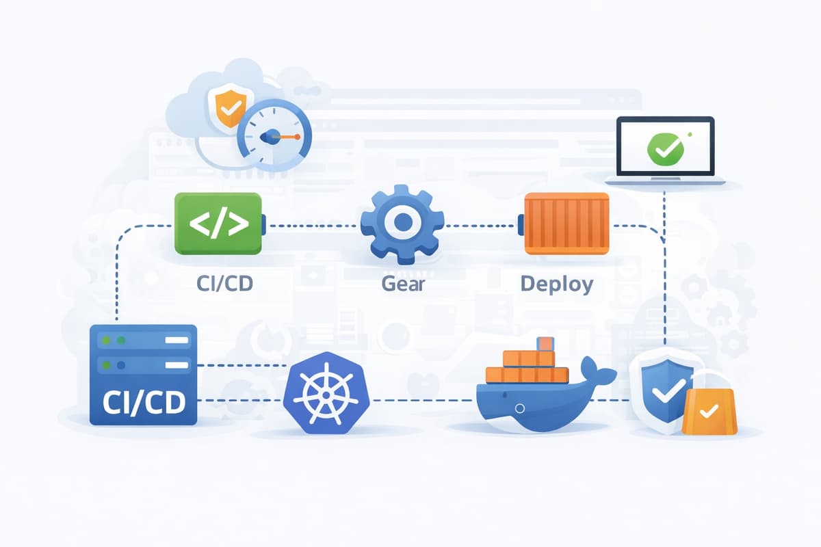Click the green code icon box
point(218,224)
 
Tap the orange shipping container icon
point(566,224)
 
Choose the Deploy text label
point(556,283)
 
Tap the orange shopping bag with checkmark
point(709,412)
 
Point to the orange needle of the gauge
point(287,137)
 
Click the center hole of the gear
point(402,222)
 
